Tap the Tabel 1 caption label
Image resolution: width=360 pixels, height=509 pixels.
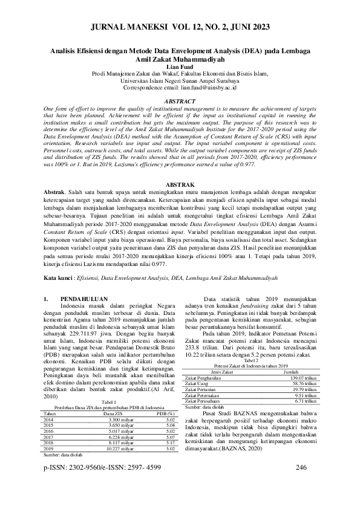pyautogui.click(x=109, y=418)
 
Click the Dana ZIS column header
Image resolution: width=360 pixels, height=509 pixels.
pyautogui.click(x=113, y=430)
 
